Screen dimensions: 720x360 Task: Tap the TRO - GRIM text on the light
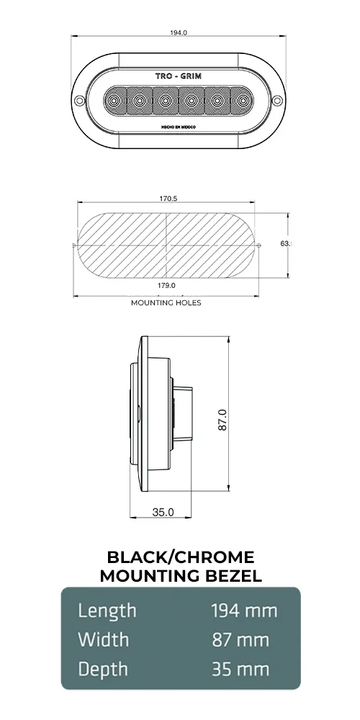tap(177, 76)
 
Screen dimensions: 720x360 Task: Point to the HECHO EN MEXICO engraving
tap(177, 126)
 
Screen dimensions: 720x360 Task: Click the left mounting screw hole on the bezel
tap(81, 99)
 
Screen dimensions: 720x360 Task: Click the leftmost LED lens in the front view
tap(115, 100)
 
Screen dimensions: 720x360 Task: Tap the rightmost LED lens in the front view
tap(240, 100)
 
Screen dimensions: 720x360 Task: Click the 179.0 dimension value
tap(167, 286)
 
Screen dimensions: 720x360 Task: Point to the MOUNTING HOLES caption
tap(166, 303)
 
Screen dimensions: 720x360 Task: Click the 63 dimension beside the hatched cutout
tap(285, 244)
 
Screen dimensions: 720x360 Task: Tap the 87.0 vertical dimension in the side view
tap(222, 420)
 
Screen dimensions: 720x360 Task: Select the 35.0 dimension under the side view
tap(163, 513)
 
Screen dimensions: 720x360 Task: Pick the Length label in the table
tap(107, 611)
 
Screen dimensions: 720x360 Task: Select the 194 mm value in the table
tap(244, 611)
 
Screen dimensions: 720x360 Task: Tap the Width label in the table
tap(104, 640)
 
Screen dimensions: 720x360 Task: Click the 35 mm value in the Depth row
tap(240, 669)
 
